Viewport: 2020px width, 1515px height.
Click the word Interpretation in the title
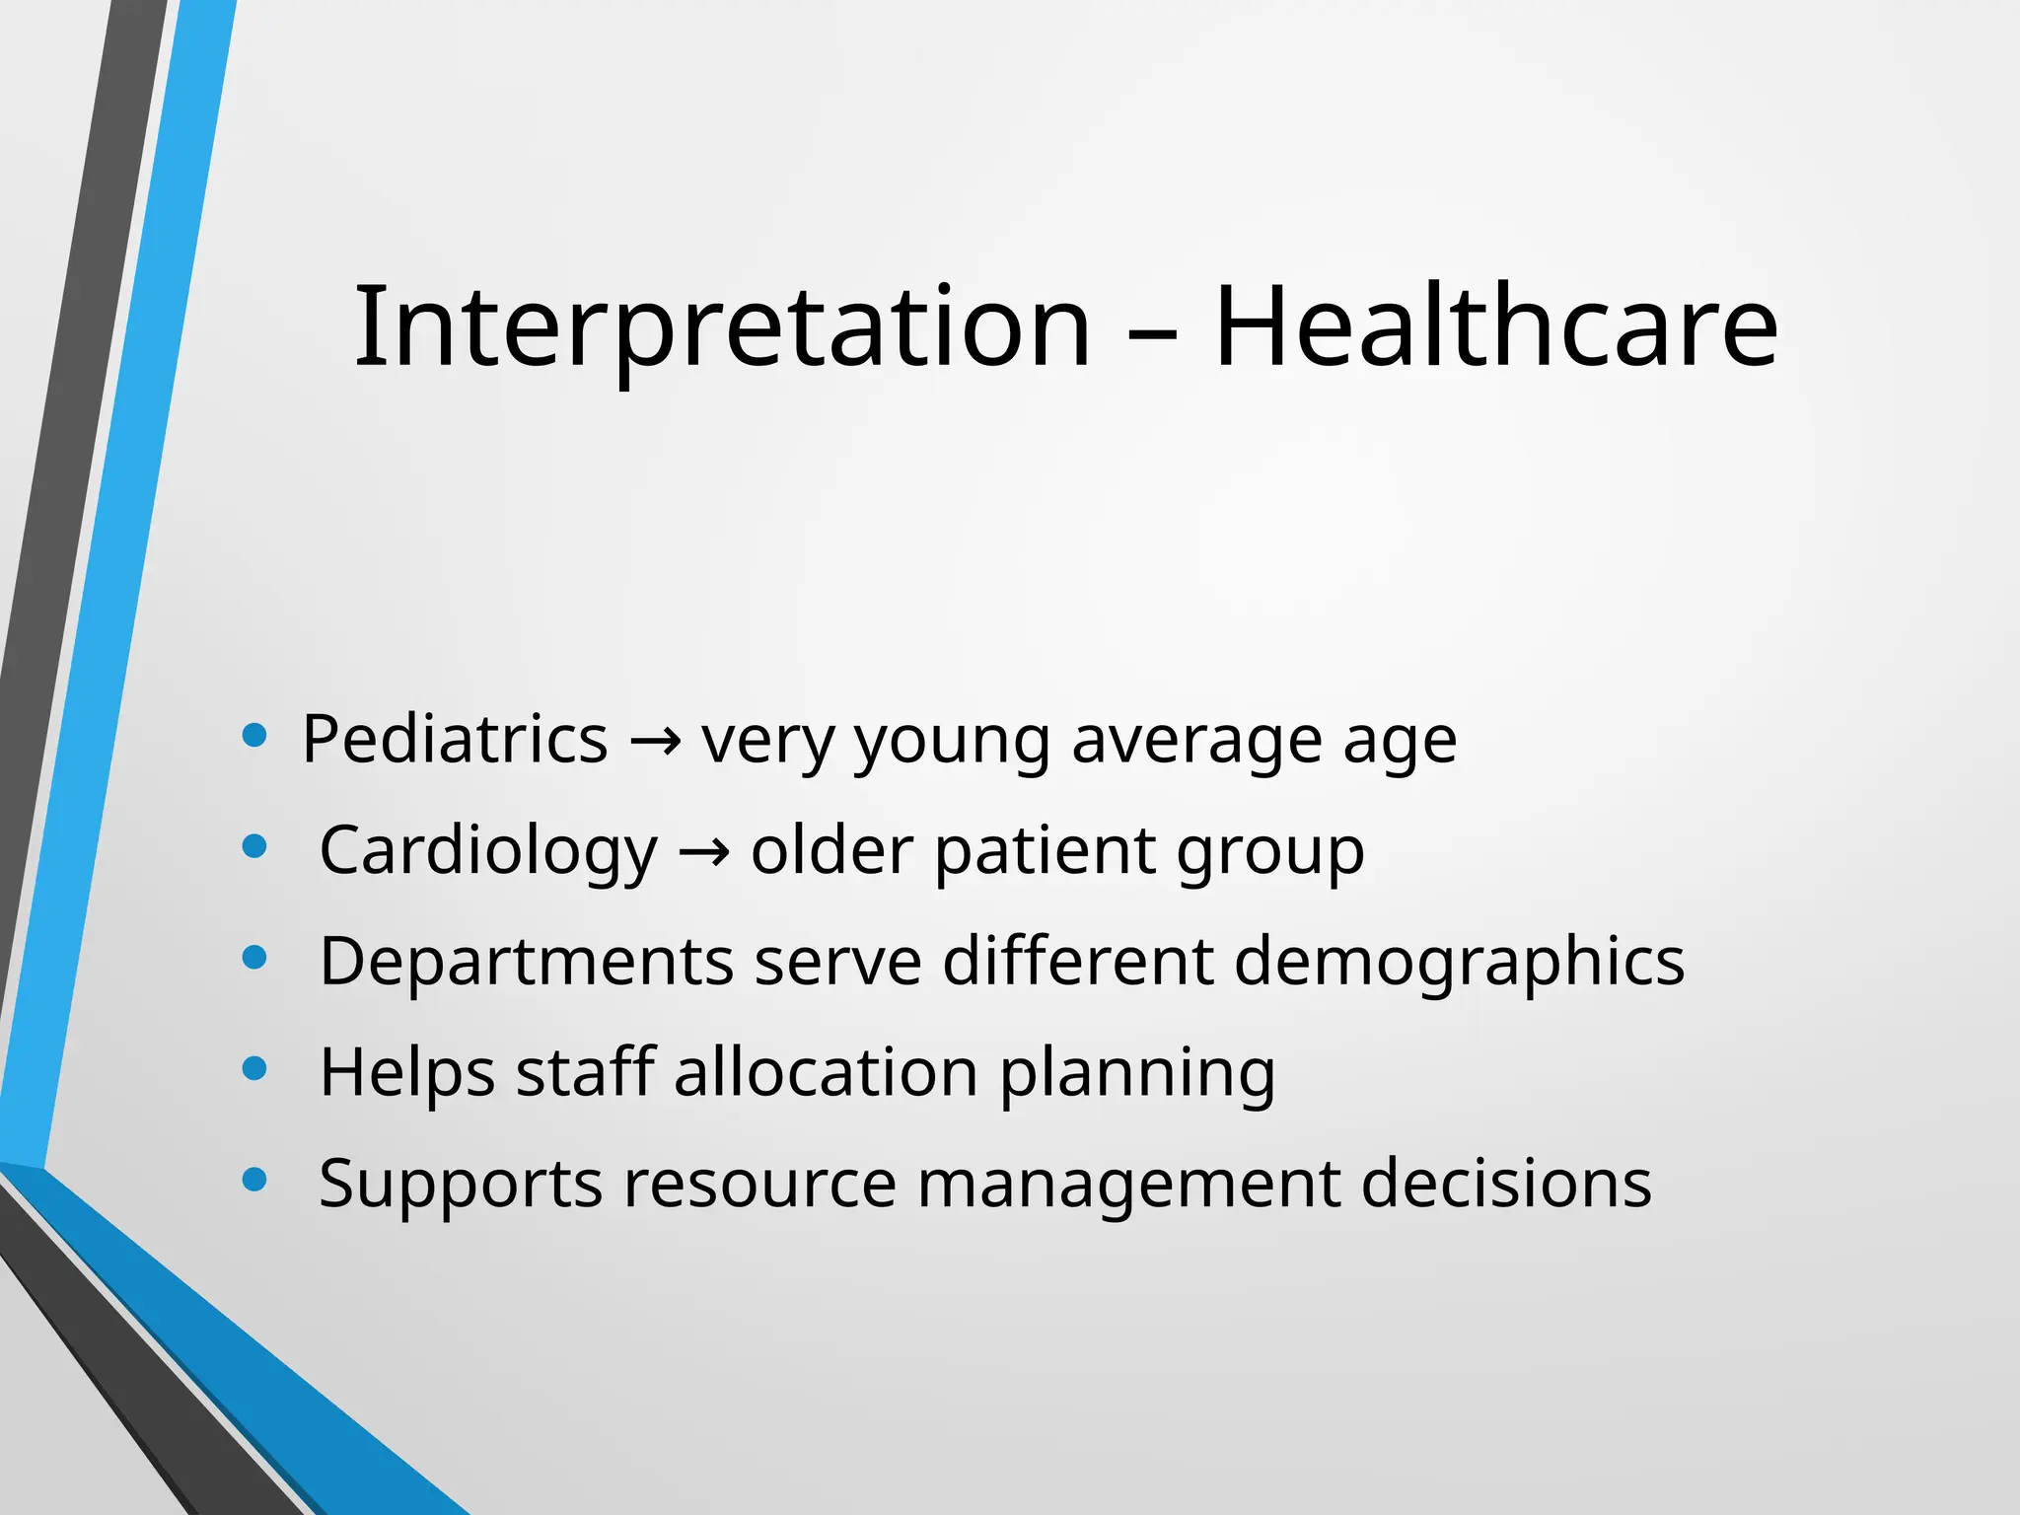point(722,327)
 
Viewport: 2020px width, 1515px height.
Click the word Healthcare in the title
point(1495,327)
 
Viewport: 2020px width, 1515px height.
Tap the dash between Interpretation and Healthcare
point(1152,335)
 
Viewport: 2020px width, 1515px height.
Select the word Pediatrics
point(455,739)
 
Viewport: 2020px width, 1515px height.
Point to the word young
point(952,743)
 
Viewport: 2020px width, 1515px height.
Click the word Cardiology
point(488,851)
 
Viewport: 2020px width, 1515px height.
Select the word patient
point(1045,851)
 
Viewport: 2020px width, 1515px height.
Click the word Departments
point(527,962)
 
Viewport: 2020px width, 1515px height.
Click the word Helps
point(407,1072)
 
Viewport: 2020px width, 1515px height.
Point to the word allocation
point(826,1072)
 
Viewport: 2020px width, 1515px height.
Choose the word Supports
point(460,1185)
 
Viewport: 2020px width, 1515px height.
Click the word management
point(1128,1185)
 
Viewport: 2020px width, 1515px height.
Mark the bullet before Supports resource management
point(254,1180)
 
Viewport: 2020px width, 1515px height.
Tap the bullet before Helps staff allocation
point(254,1068)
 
